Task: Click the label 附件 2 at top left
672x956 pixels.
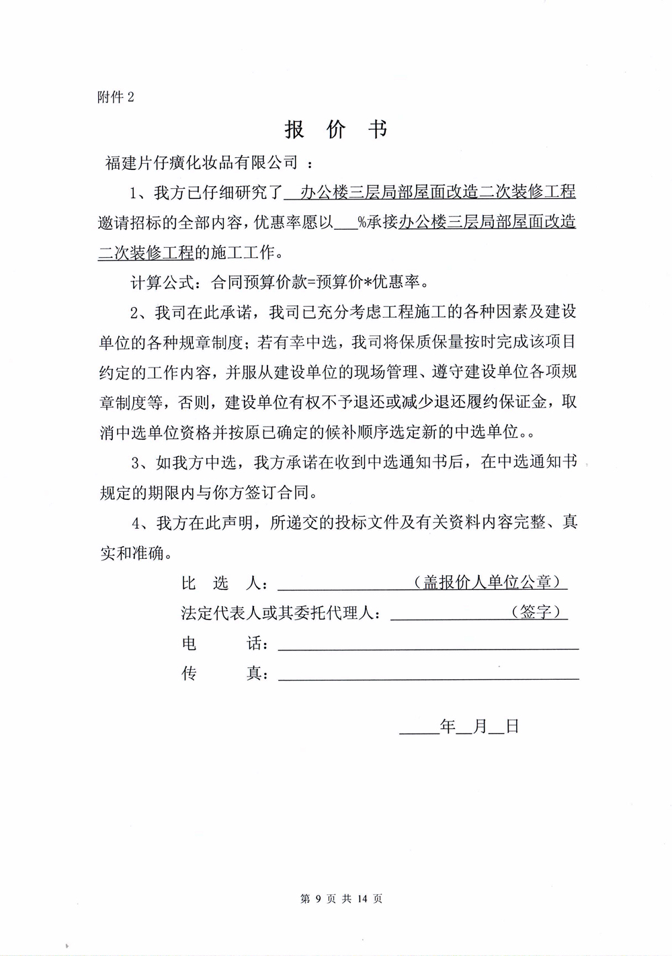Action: (116, 97)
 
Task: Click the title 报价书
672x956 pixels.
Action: (336, 129)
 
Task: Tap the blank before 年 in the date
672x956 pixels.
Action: (418, 726)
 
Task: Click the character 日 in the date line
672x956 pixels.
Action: (512, 726)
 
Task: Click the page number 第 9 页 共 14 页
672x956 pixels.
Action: (341, 898)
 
